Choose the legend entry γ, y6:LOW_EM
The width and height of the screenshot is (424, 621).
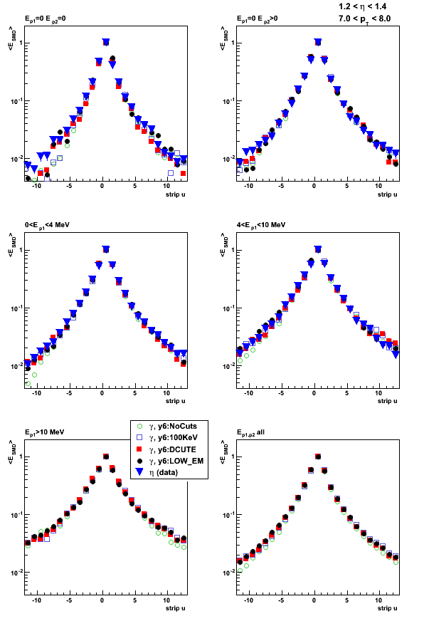[x=169, y=461]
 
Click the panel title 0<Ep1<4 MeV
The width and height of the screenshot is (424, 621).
[x=47, y=225]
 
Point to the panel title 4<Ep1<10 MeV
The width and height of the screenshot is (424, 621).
[x=261, y=225]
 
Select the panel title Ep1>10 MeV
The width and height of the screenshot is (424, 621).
[x=44, y=432]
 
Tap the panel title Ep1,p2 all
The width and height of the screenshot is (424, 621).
[x=250, y=432]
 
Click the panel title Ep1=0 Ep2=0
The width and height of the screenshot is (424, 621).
[x=45, y=19]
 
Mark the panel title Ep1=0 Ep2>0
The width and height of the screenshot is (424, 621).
[x=257, y=19]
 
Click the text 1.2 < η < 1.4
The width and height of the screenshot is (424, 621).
[x=362, y=6]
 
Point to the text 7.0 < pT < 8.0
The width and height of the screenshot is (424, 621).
[x=364, y=19]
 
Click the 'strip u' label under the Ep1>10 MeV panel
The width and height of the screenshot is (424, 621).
[x=175, y=608]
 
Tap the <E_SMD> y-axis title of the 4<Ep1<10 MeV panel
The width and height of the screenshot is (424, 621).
[x=223, y=245]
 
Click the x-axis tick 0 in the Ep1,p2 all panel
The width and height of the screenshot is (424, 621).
[x=314, y=600]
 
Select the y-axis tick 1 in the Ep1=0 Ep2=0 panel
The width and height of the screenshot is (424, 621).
[x=16, y=43]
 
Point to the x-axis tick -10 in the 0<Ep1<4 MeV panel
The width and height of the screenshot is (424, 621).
[x=36, y=393]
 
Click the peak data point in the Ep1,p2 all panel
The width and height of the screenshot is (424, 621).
[x=318, y=456]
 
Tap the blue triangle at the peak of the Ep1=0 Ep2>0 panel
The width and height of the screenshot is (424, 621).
[x=318, y=42]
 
